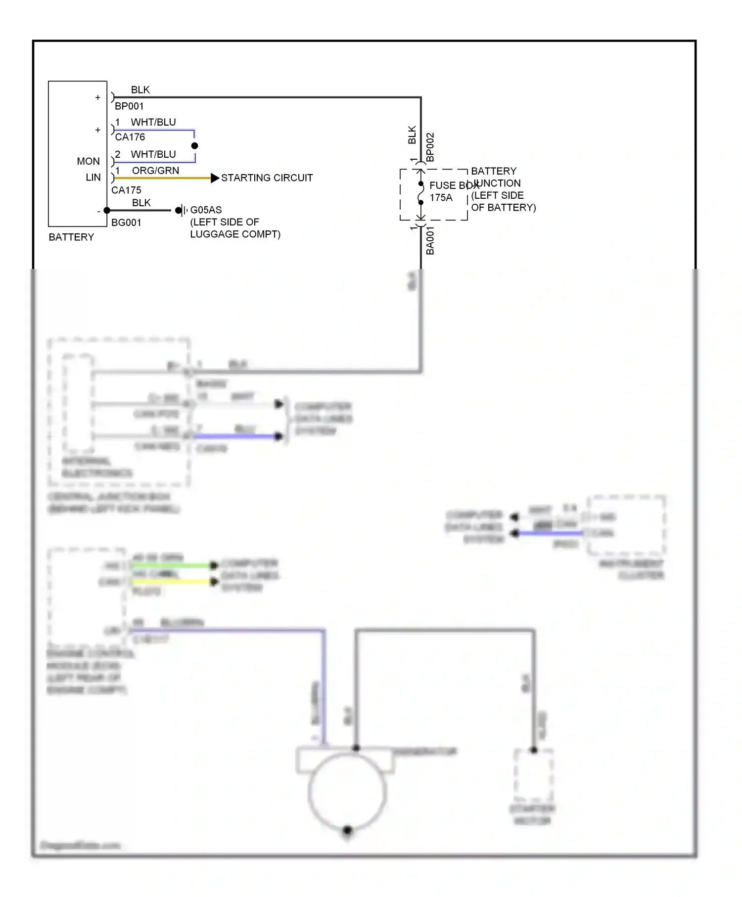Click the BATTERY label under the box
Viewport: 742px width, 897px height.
click(71, 237)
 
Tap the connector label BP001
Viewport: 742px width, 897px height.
click(129, 106)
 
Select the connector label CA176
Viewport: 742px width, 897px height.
click(130, 137)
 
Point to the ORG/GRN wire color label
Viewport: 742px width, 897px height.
click(155, 171)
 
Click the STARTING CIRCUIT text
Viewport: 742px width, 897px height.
click(267, 178)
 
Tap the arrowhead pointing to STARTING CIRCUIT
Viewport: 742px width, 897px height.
click(215, 178)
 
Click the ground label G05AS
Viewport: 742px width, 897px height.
click(206, 210)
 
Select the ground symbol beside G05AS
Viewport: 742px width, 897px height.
click(182, 211)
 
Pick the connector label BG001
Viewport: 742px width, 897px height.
click(126, 223)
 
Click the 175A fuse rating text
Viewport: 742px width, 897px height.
click(441, 198)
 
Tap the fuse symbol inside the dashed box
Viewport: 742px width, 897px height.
click(421, 193)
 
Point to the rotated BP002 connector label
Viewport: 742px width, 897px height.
click(430, 147)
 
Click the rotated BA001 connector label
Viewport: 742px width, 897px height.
click(430, 241)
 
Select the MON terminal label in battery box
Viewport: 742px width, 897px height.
click(88, 162)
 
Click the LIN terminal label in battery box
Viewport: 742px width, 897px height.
click(93, 178)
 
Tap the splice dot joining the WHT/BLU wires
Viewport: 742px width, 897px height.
click(194, 146)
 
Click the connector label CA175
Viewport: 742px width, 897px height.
click(126, 190)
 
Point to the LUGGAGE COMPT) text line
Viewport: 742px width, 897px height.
click(235, 234)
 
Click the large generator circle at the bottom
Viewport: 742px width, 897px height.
click(347, 791)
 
